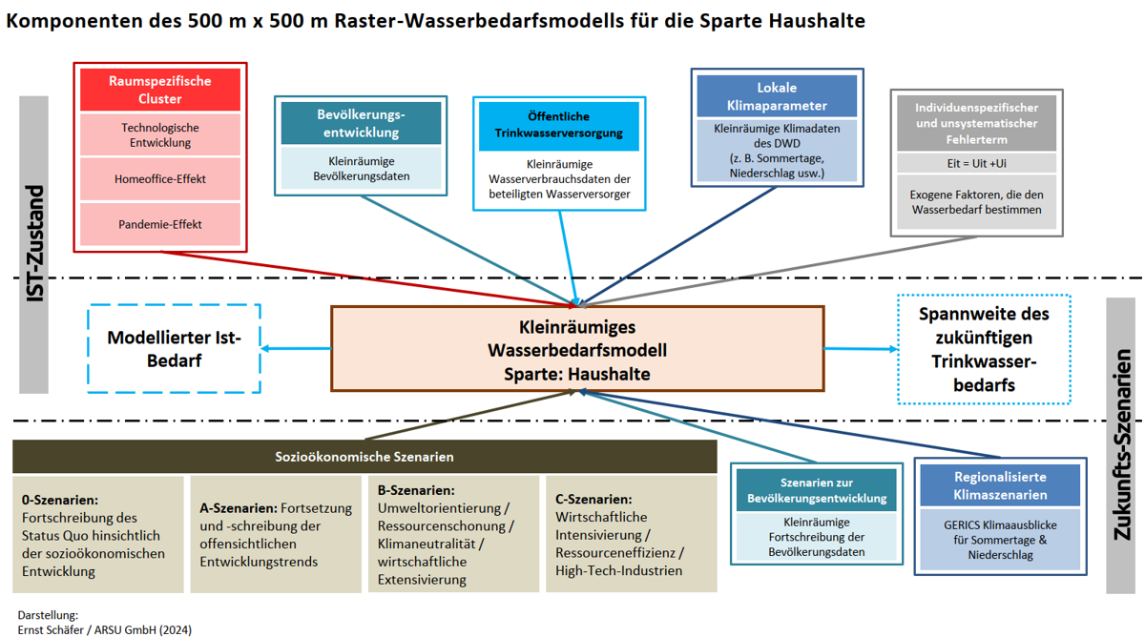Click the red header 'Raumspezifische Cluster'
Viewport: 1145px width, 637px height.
point(160,90)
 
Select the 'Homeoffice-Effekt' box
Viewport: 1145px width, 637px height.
point(160,178)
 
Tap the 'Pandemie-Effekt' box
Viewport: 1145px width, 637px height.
point(160,224)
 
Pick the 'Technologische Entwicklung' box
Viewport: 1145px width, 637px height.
point(160,134)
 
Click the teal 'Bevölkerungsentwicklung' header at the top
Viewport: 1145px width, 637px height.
point(361,123)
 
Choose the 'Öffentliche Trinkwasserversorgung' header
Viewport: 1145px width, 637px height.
point(559,126)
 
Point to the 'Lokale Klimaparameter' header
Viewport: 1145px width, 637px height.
point(777,96)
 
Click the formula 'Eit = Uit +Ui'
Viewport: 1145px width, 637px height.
point(976,163)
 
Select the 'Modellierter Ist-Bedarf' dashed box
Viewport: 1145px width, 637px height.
point(175,349)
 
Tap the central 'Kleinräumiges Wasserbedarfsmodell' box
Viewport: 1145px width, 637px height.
point(577,349)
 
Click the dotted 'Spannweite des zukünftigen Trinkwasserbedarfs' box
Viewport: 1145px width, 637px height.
point(984,349)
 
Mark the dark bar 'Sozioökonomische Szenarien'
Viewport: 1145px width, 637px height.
point(364,456)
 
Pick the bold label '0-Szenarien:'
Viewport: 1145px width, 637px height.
point(60,500)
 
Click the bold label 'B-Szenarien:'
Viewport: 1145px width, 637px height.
point(416,490)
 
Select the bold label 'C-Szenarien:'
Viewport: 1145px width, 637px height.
point(593,499)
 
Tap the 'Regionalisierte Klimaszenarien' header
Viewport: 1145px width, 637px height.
point(1000,485)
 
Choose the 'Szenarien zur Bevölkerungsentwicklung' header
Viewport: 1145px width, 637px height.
point(817,490)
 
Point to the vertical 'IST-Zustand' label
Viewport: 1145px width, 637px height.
point(34,244)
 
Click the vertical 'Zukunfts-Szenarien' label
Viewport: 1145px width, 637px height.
point(1122,444)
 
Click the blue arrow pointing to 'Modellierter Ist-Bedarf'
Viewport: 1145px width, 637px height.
point(296,349)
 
